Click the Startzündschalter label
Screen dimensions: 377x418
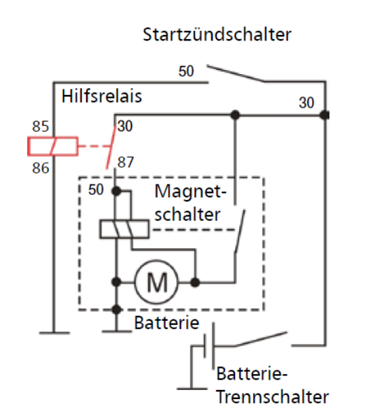tap(217, 35)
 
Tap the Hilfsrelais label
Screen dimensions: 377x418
tap(101, 96)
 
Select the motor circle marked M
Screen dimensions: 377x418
tap(157, 282)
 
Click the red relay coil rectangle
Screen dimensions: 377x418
tap(53, 146)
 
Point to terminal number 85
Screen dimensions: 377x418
tap(41, 127)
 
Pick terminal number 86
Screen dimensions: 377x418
tap(41, 168)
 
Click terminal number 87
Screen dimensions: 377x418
tap(125, 162)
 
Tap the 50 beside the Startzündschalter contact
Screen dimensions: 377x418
tap(186, 71)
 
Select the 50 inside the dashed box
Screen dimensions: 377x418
tap(96, 190)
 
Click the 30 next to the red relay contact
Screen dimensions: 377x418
tap(125, 126)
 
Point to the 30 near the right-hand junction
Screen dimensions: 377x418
tap(306, 103)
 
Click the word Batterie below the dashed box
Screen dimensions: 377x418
tap(166, 323)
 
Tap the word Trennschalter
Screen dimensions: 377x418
tap(273, 397)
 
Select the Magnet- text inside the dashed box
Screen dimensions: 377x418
tap(190, 192)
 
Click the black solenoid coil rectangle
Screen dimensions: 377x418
tap(125, 229)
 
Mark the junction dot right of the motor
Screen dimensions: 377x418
tap(195, 282)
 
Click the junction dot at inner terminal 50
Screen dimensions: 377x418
tap(116, 191)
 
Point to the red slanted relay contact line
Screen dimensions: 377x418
tap(111, 147)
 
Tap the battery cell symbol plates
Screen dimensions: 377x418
tap(209, 346)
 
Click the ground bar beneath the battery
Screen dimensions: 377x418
tap(192, 389)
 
